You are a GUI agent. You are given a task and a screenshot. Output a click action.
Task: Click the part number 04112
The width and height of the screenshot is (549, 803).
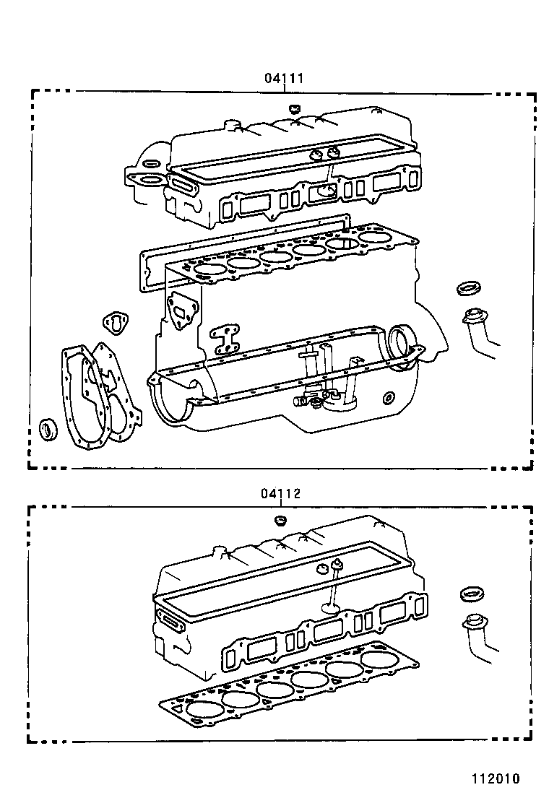280,494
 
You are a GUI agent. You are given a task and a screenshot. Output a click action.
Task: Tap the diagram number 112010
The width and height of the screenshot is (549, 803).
496,778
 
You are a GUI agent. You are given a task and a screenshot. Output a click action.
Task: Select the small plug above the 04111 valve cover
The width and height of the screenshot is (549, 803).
293,109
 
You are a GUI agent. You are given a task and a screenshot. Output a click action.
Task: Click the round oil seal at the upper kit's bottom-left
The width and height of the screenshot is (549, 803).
49,428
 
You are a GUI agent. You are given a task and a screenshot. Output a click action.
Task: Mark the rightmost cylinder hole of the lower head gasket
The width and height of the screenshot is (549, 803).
379,659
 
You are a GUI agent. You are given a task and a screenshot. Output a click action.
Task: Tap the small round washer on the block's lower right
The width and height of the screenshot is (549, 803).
389,396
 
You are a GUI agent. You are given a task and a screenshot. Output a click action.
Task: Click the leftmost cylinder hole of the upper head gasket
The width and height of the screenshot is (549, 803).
210,269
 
